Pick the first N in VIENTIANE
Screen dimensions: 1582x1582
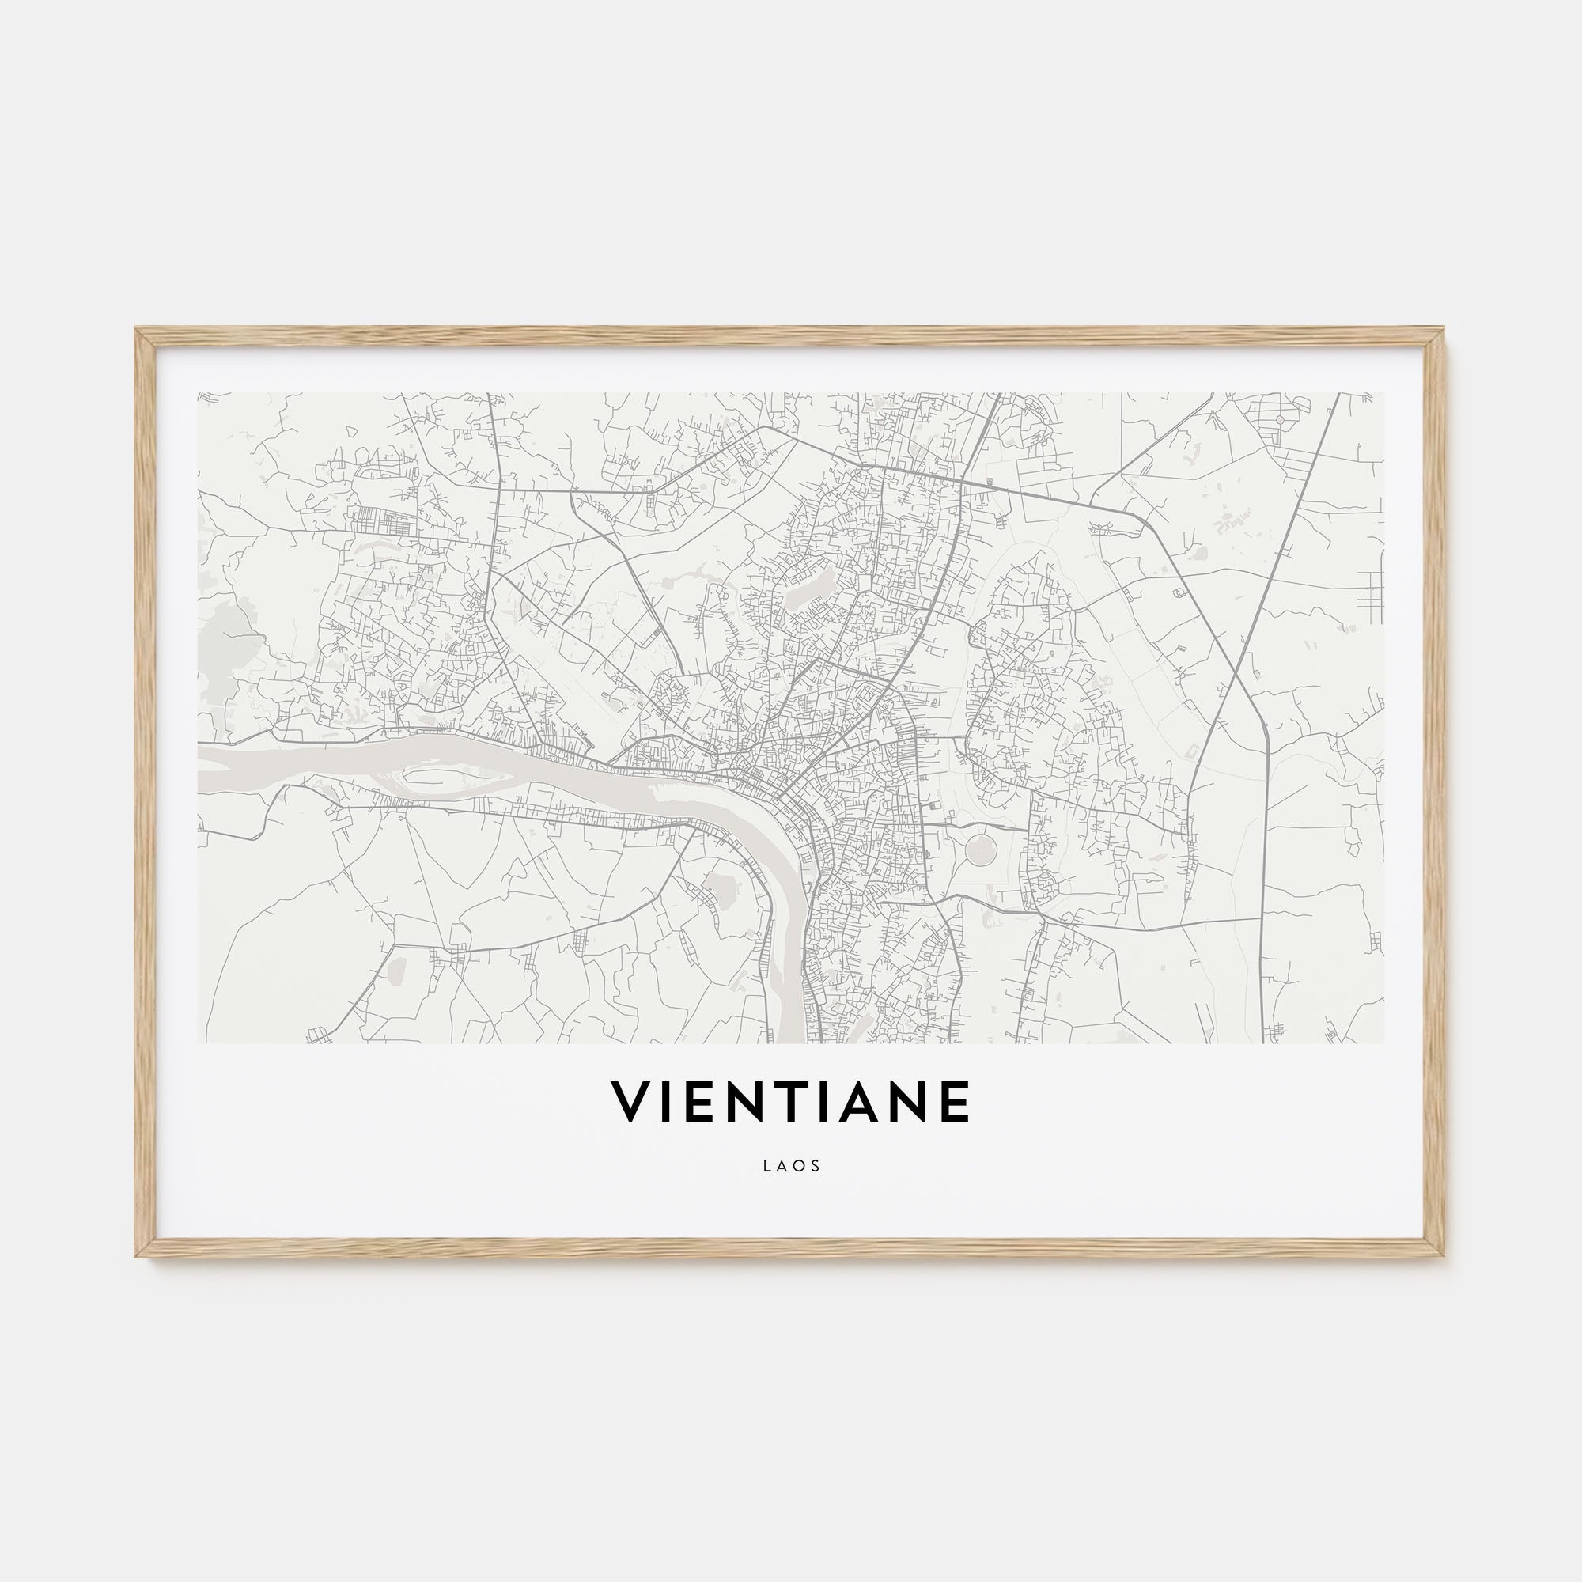(748, 1102)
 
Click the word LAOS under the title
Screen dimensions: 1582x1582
(791, 1166)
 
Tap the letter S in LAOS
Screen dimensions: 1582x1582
(816, 1166)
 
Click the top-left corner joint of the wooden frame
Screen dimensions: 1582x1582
(144, 336)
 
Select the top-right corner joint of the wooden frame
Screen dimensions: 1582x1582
(1438, 336)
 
